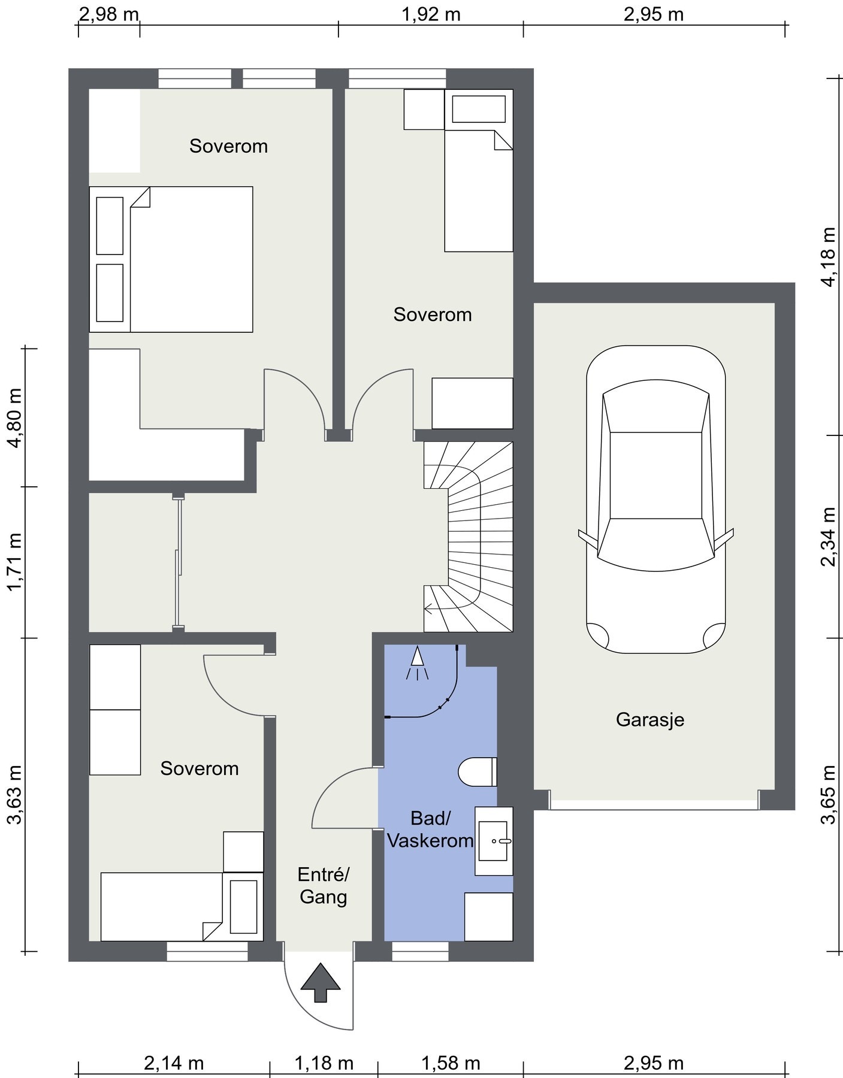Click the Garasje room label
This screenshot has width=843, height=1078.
click(650, 719)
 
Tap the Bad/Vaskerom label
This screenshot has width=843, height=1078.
click(430, 829)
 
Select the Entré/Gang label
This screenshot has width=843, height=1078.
click(324, 886)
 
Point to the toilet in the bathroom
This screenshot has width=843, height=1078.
click(478, 771)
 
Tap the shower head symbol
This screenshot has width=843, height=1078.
click(418, 664)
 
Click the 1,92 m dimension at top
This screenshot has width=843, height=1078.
click(431, 14)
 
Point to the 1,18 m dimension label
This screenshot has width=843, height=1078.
click(324, 1063)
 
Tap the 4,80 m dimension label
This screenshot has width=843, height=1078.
click(14, 418)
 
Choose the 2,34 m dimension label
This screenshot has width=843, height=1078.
click(829, 537)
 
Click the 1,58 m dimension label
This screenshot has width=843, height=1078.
click(451, 1063)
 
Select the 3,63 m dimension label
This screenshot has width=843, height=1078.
click(14, 795)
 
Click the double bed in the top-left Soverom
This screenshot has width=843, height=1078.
click(171, 259)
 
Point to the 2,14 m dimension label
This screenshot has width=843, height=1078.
click(174, 1063)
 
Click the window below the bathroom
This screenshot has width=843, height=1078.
click(420, 952)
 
